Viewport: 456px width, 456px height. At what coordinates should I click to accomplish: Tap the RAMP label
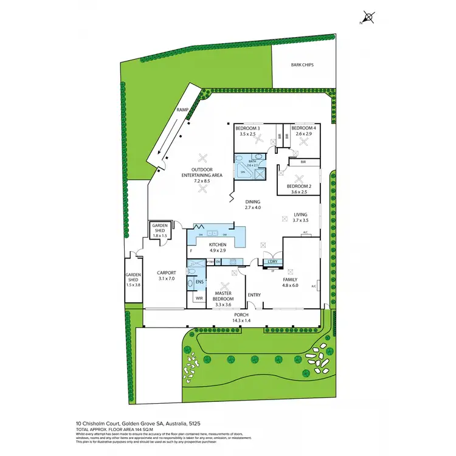click(182, 109)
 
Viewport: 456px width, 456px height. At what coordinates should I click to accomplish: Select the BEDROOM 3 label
click(247, 129)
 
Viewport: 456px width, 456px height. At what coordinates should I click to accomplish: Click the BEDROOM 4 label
click(303, 129)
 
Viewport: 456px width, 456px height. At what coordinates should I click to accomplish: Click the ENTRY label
click(254, 295)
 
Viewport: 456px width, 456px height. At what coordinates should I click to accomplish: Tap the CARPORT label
click(166, 273)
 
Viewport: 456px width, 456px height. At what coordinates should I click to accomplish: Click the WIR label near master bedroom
click(198, 298)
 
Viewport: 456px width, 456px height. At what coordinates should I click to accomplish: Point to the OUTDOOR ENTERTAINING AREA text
click(201, 172)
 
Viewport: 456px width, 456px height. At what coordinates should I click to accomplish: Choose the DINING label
click(252, 202)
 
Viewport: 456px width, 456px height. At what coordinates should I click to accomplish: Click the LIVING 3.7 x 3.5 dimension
click(300, 221)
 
